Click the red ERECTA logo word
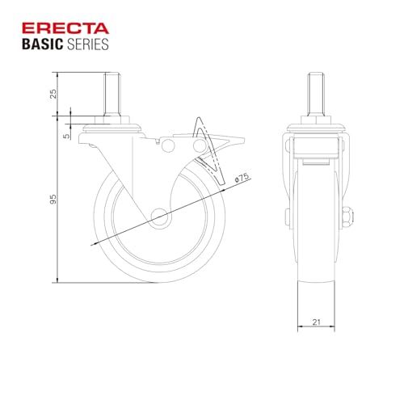65,28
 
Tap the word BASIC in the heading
42,44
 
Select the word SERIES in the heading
87,44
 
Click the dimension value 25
53,94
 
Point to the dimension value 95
53,199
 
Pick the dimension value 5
66,136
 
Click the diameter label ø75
242,178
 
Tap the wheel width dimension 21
316,322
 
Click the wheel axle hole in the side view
159,217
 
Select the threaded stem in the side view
112,95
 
